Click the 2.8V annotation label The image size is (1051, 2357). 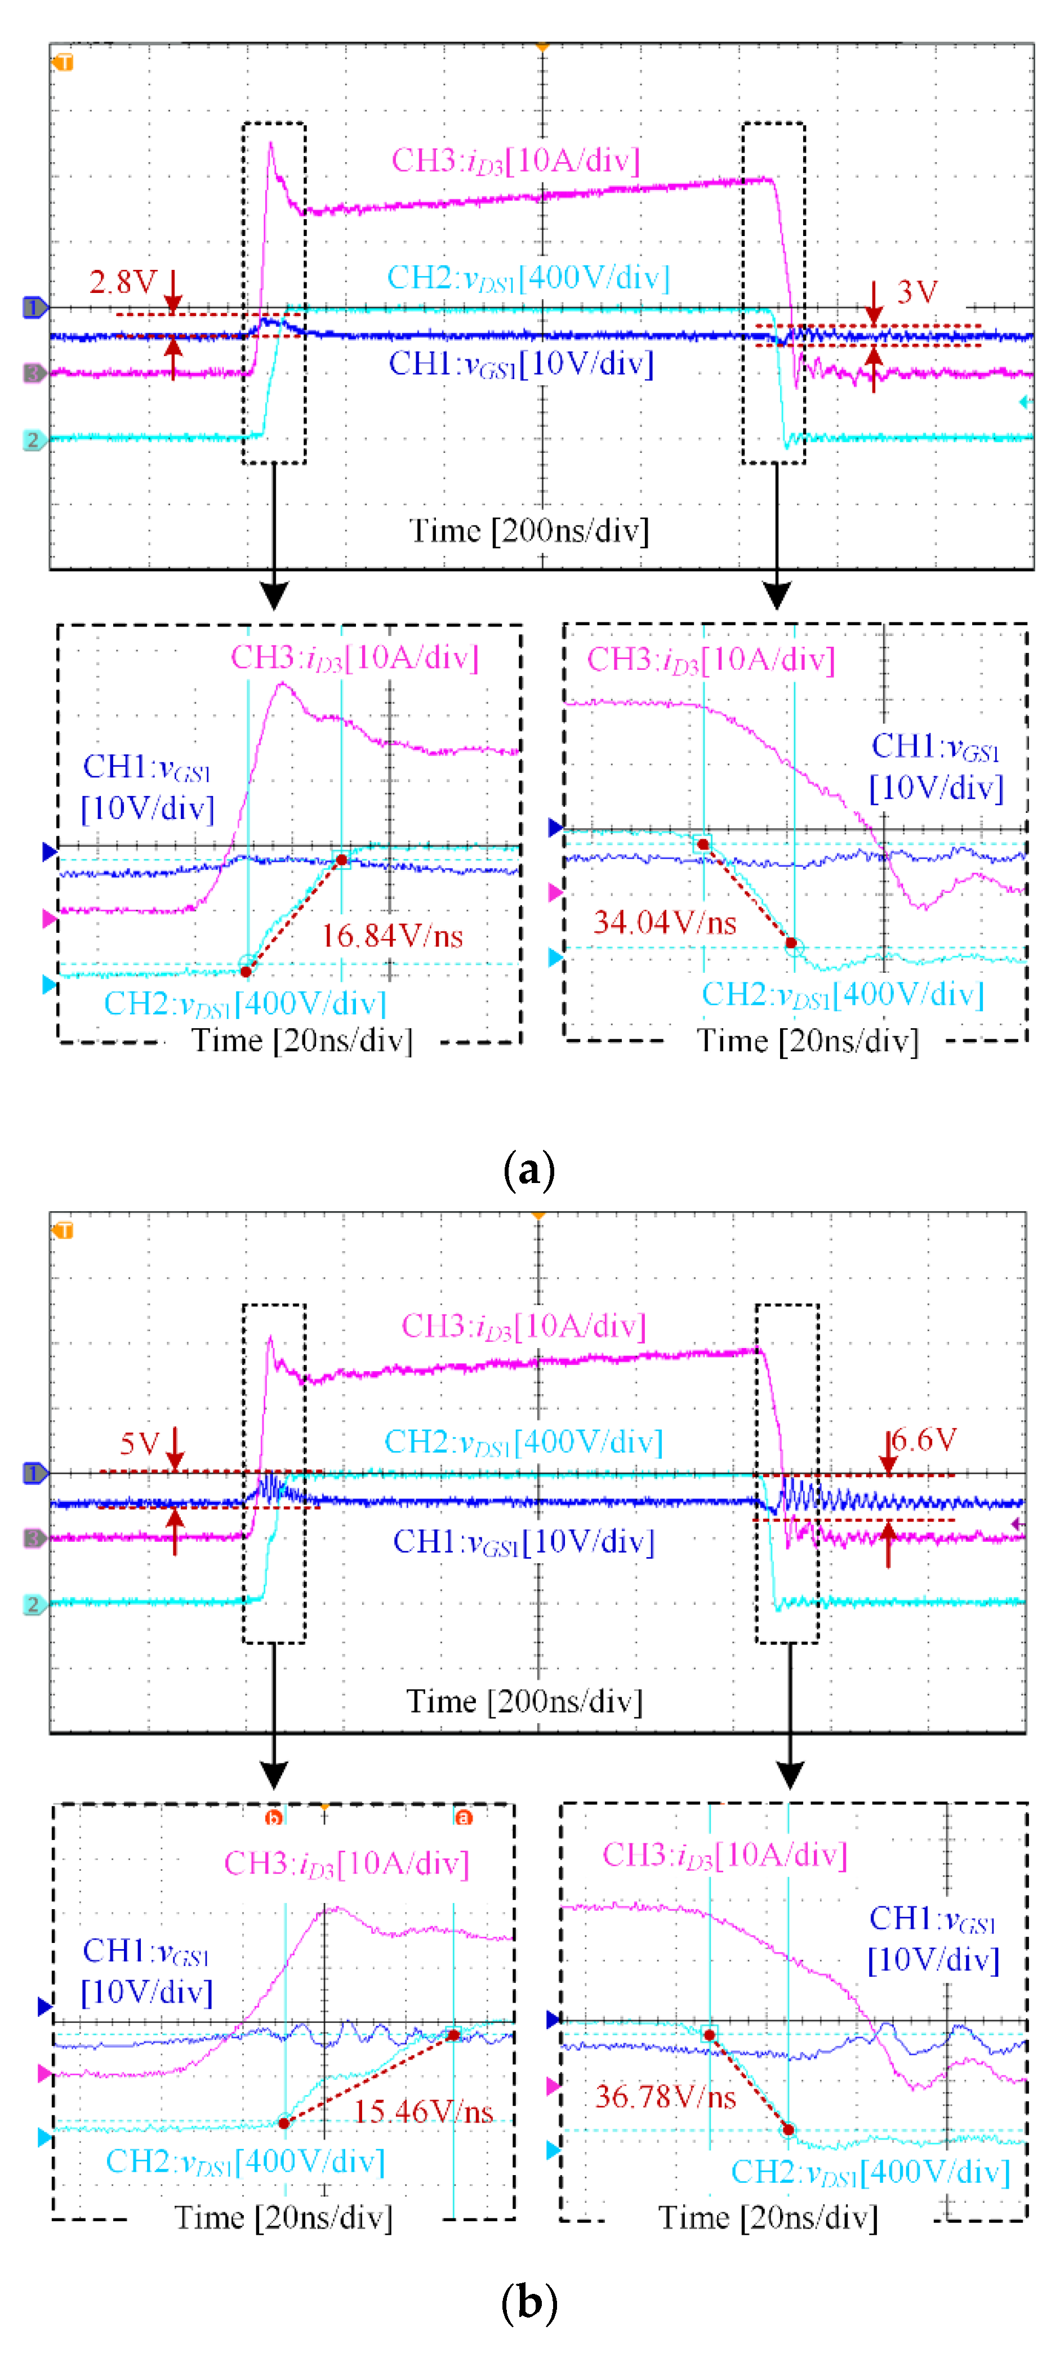point(123,281)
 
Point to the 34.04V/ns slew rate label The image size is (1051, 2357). point(664,922)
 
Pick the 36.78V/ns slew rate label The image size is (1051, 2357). point(665,2096)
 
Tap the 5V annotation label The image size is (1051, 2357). point(139,1444)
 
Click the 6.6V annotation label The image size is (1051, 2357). point(924,1440)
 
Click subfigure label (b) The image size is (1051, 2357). point(529,2302)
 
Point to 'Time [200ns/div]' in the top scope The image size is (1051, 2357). point(529,531)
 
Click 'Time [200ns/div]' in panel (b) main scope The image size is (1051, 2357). point(524,1701)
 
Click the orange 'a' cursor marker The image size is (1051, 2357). point(464,1818)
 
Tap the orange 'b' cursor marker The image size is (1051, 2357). point(273,1818)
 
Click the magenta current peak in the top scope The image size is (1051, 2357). point(271,145)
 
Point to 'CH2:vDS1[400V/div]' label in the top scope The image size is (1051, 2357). point(528,277)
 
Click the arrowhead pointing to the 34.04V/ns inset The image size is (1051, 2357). point(777,597)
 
